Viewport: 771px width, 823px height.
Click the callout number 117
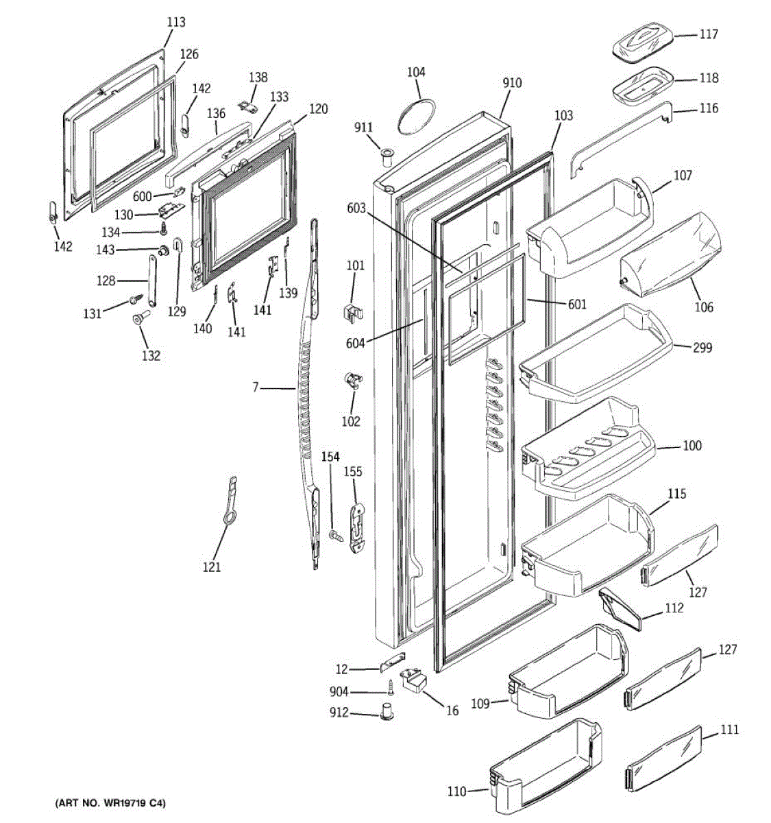point(709,34)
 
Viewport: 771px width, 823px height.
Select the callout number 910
point(511,83)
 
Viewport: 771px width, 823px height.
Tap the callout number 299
point(702,348)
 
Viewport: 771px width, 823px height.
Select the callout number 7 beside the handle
point(256,387)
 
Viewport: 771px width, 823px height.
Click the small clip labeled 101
point(352,311)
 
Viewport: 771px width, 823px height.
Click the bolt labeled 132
point(143,319)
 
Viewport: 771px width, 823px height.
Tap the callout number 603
point(356,208)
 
